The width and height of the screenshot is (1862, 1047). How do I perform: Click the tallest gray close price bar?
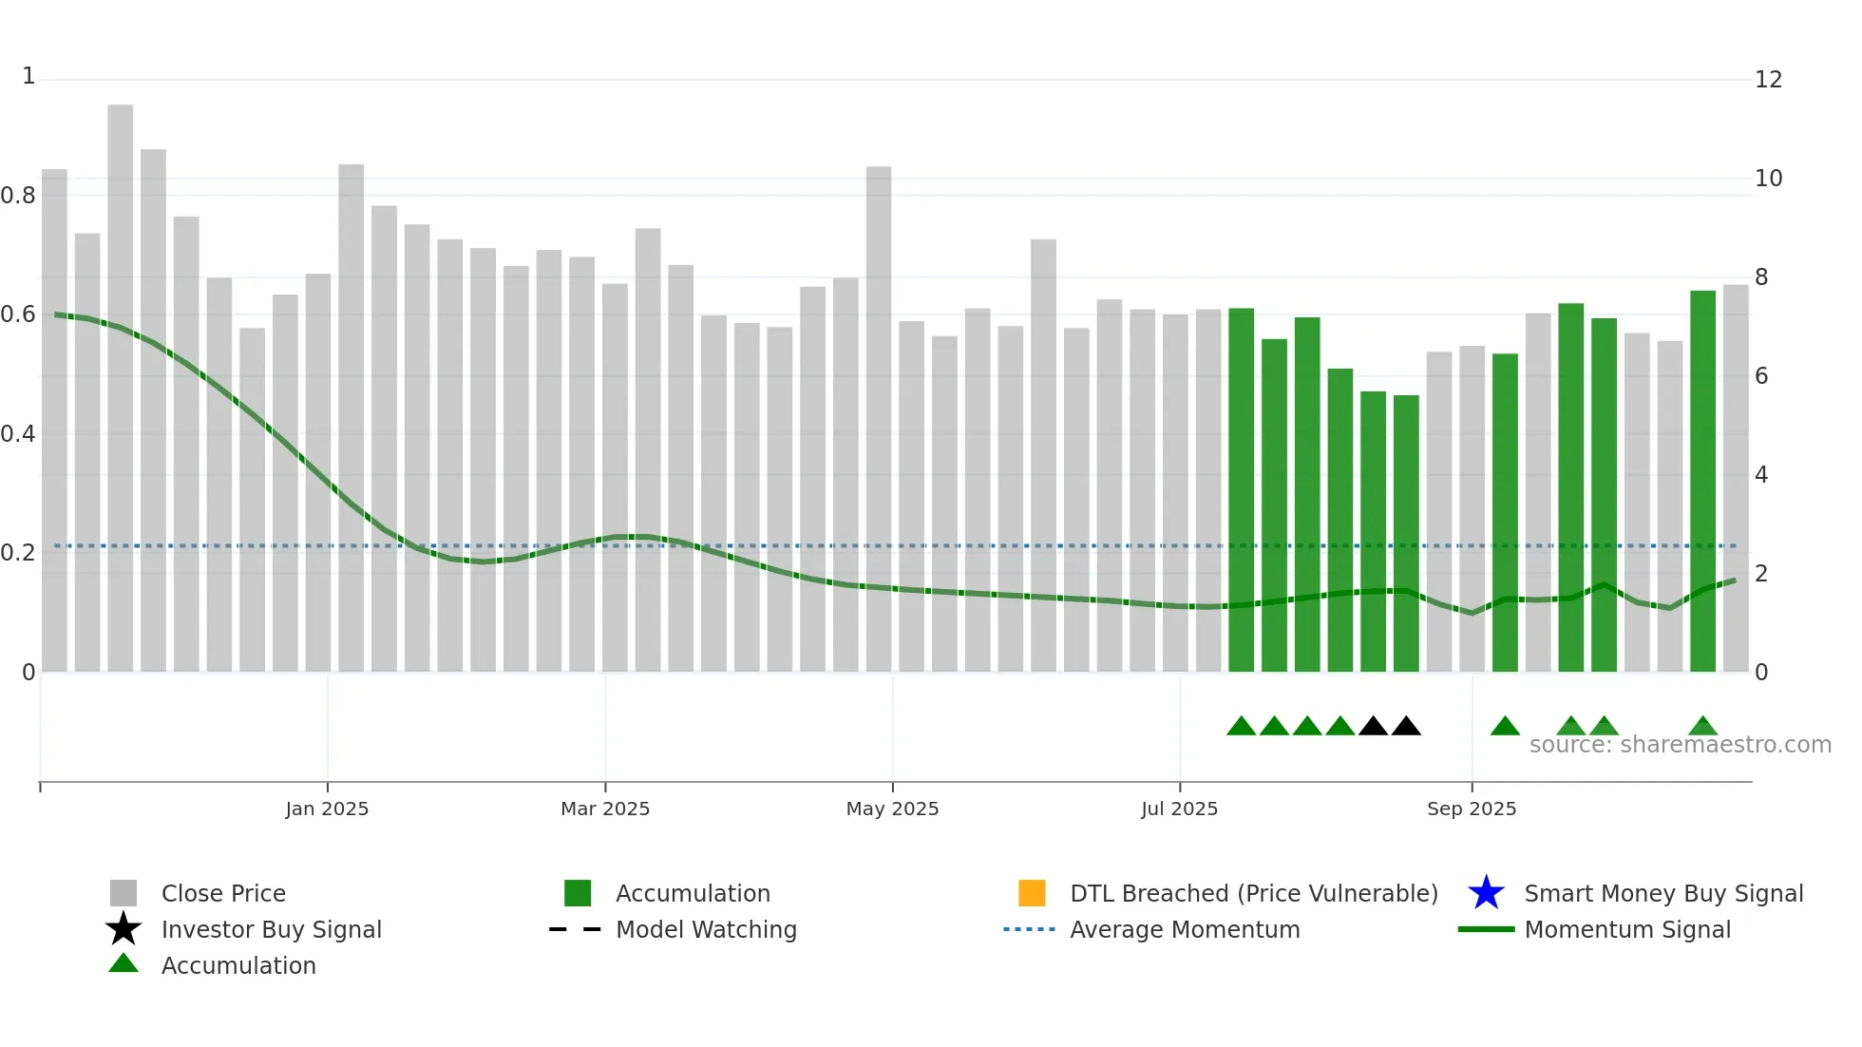[x=120, y=380]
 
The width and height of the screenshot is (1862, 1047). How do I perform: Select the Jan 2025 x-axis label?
[x=327, y=809]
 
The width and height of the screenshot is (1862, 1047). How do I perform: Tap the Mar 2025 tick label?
[x=605, y=809]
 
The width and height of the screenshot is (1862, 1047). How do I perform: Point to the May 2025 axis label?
[x=892, y=809]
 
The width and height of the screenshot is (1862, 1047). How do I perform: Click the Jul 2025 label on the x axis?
[x=1179, y=809]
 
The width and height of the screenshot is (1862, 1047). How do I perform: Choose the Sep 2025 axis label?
[x=1472, y=809]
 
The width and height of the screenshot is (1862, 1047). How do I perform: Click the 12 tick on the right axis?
[x=1768, y=80]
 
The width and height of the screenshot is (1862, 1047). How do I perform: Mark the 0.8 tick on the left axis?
[x=18, y=196]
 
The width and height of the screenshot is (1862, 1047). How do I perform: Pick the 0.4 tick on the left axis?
[x=18, y=434]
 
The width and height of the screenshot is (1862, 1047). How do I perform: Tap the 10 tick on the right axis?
[x=1768, y=179]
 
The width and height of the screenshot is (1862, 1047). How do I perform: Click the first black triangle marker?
[x=1373, y=727]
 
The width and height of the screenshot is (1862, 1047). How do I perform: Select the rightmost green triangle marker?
[x=1702, y=727]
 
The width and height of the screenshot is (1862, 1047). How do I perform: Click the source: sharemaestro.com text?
[x=1680, y=745]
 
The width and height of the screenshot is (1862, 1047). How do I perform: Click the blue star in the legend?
[x=1486, y=893]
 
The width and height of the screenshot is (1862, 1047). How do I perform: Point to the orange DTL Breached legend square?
[x=1032, y=893]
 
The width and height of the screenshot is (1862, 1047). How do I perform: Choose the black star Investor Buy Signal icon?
[x=123, y=929]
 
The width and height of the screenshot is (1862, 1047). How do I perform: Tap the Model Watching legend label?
[x=706, y=929]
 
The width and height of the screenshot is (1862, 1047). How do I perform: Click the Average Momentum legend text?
[x=1185, y=929]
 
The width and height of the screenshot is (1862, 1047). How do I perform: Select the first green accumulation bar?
[x=1241, y=494]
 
